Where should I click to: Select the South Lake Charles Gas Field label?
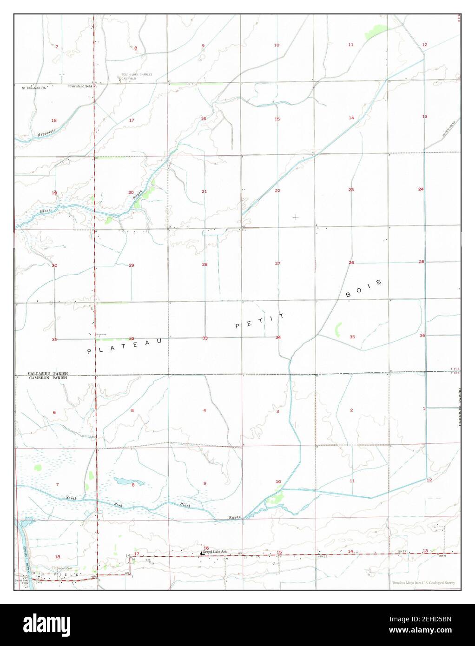click(137, 77)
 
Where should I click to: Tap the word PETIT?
click(260, 321)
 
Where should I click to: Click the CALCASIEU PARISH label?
click(48, 373)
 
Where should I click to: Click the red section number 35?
click(352, 337)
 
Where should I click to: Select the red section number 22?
click(277, 191)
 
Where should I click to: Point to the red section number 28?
click(205, 264)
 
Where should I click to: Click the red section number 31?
click(54, 339)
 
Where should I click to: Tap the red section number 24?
click(421, 189)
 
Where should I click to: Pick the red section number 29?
click(132, 265)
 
